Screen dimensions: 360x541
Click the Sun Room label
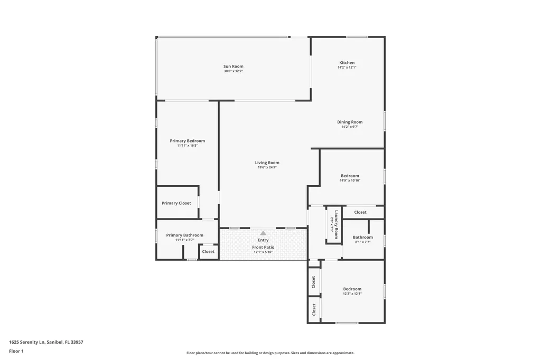tap(233, 67)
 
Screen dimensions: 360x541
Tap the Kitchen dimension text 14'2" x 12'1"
tap(347, 68)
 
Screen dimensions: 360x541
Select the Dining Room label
tap(350, 122)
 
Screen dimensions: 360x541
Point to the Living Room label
tap(267, 163)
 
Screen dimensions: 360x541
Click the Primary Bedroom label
tap(187, 141)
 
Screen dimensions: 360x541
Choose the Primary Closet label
tap(176, 203)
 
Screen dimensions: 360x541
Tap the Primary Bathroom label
tap(184, 235)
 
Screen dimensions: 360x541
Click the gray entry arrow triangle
tap(263, 233)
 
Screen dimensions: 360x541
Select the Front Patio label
tap(263, 247)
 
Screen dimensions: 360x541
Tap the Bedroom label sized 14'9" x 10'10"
tap(350, 176)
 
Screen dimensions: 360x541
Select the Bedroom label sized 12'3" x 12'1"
tap(352, 289)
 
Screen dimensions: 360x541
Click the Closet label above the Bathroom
tap(360, 212)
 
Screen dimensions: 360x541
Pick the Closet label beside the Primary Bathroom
tap(208, 252)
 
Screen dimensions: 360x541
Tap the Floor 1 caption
tap(16, 351)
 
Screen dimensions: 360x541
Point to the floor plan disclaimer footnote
tap(270, 353)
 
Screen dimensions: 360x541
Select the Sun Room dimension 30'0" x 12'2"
tap(233, 71)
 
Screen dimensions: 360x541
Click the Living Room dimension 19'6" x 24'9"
tap(267, 167)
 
